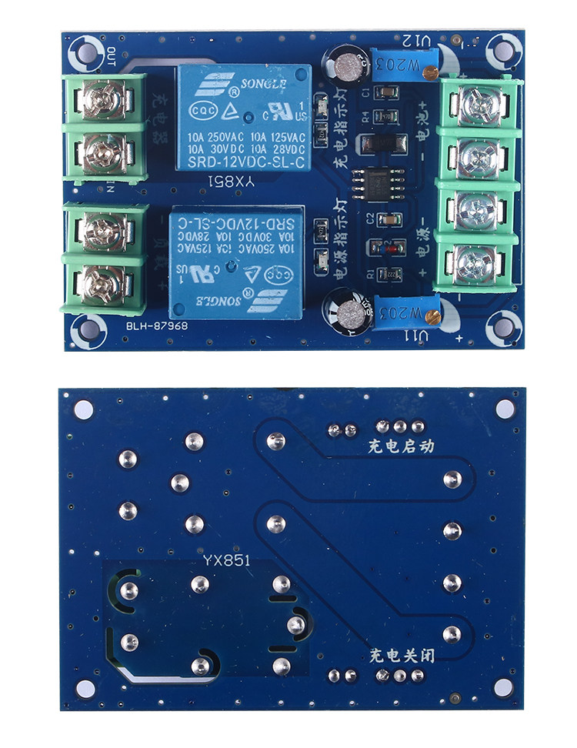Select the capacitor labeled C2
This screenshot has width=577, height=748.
(386, 219)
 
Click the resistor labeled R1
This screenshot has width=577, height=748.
(385, 274)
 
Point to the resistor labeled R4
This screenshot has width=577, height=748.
(384, 116)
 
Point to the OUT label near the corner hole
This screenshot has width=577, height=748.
(112, 55)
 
